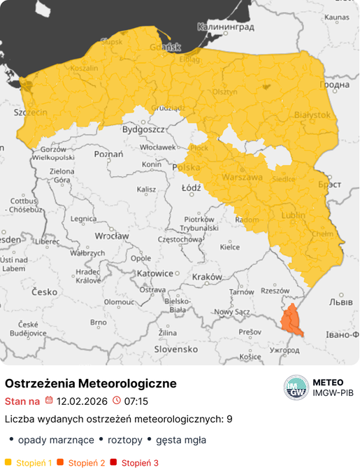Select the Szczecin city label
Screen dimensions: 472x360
[x=31, y=112]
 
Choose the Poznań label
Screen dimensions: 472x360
[x=108, y=154]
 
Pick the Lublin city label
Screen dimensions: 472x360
[x=293, y=215]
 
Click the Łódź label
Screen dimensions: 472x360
[x=191, y=188]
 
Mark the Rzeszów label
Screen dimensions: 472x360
[x=275, y=290]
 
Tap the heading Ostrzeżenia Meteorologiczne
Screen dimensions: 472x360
[x=91, y=384]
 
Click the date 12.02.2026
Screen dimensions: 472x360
[x=82, y=401]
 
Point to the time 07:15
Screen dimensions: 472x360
[x=136, y=401]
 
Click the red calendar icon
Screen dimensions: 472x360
[x=49, y=401]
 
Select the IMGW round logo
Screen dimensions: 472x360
[x=296, y=388]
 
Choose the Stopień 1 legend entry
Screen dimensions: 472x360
[x=29, y=463]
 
